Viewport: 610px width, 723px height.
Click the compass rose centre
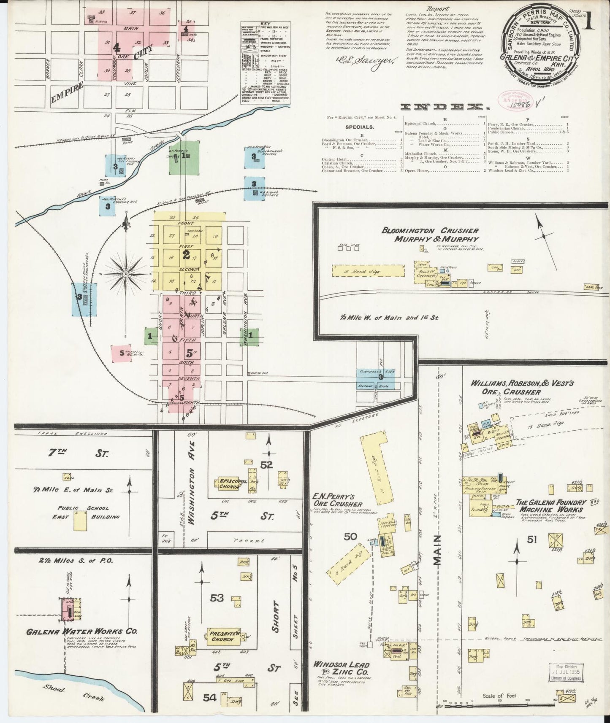tap(125, 275)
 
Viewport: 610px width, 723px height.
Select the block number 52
tap(267, 465)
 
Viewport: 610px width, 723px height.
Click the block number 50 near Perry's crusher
tap(350, 537)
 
